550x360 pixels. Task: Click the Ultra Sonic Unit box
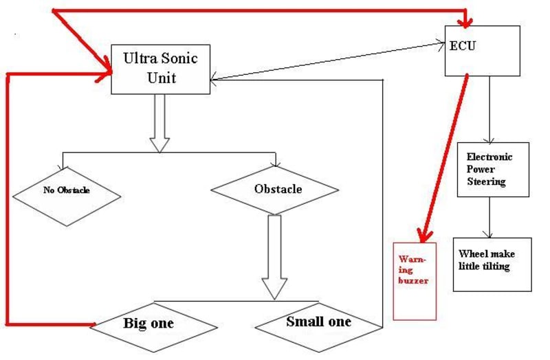(x=161, y=69)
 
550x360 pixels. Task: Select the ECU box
(x=482, y=50)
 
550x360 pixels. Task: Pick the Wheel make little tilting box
(x=492, y=264)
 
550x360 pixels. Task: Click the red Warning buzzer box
(x=414, y=280)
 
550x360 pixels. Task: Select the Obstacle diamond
(x=274, y=189)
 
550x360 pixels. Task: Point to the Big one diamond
(x=148, y=324)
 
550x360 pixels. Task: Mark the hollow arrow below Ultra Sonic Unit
(x=159, y=124)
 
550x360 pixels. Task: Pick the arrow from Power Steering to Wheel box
(x=489, y=217)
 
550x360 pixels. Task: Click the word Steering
(x=486, y=182)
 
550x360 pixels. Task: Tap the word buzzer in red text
(x=413, y=281)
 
